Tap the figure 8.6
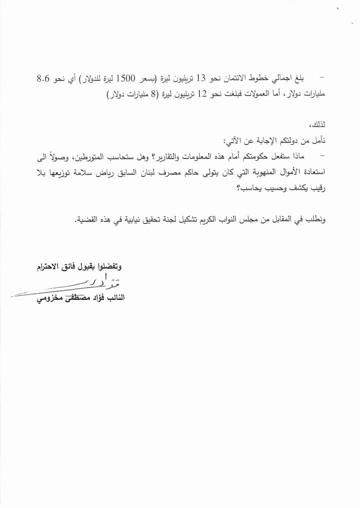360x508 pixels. [x=44, y=79]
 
